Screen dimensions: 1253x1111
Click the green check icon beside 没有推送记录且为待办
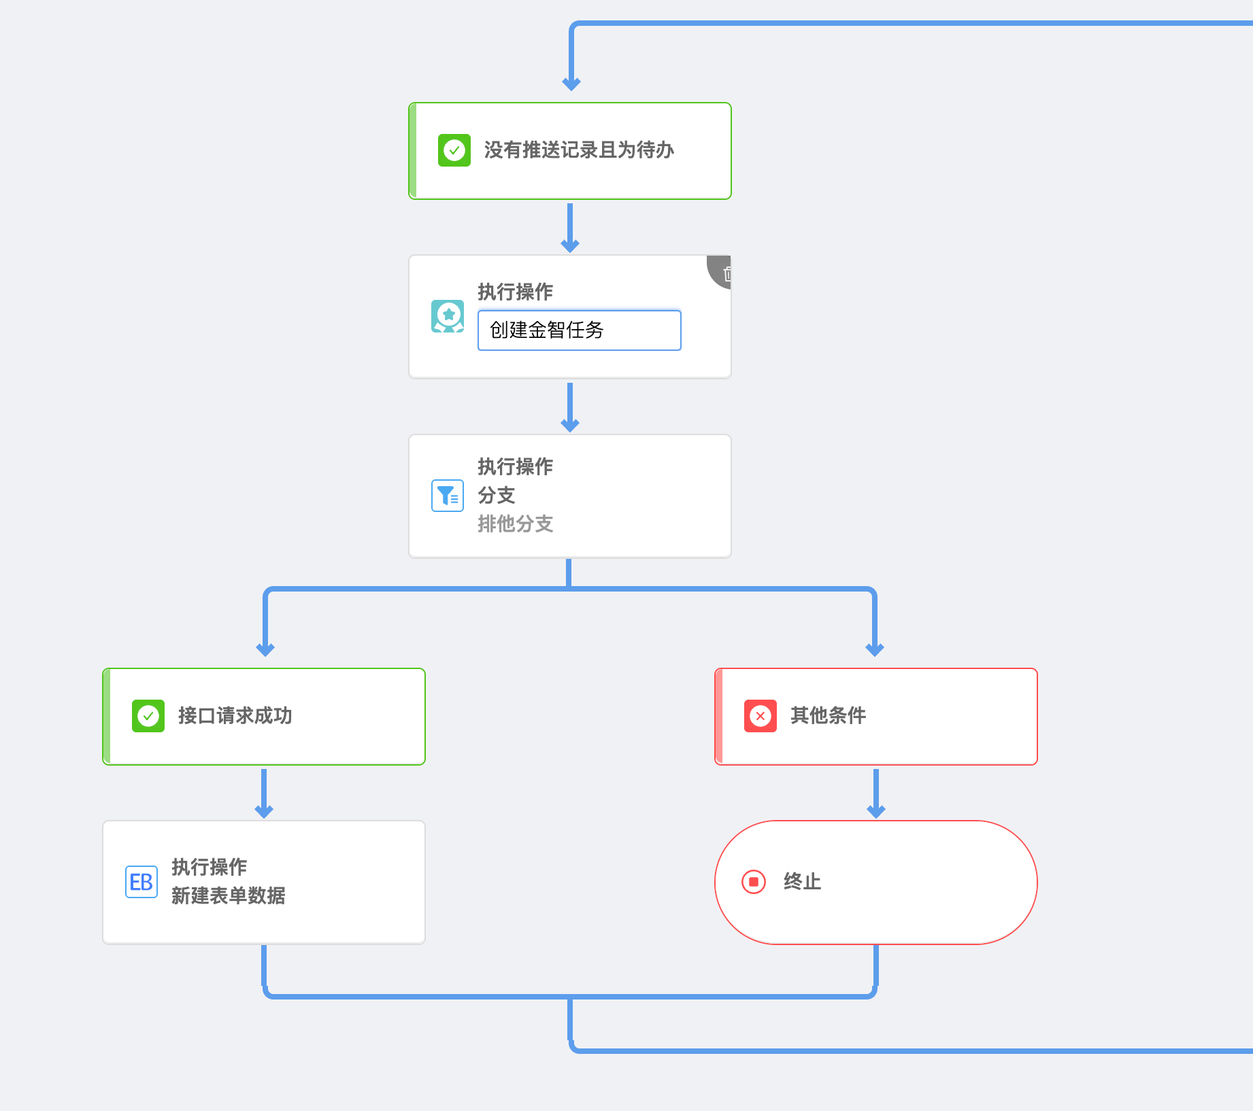454,150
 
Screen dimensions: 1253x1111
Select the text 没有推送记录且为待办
579,150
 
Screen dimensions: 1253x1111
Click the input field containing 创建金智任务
580,330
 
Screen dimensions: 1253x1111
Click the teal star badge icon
448,316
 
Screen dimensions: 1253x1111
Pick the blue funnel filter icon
448,496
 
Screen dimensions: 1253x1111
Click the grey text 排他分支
516,524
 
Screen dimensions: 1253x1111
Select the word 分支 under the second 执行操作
497,496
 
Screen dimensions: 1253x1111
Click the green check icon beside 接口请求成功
148,716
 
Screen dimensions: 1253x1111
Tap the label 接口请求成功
235,716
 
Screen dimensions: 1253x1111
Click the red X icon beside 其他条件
761,716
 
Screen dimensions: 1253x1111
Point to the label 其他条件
829,716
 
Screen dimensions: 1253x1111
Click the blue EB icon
141,882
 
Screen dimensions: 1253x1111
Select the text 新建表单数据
229,896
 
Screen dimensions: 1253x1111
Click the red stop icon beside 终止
754,882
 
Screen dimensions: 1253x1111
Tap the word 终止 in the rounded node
803,882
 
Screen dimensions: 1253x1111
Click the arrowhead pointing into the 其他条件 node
875,649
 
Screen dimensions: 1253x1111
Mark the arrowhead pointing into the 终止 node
876,811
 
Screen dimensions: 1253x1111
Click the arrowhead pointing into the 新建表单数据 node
264,811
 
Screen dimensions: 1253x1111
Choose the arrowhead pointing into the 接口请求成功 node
265,649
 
